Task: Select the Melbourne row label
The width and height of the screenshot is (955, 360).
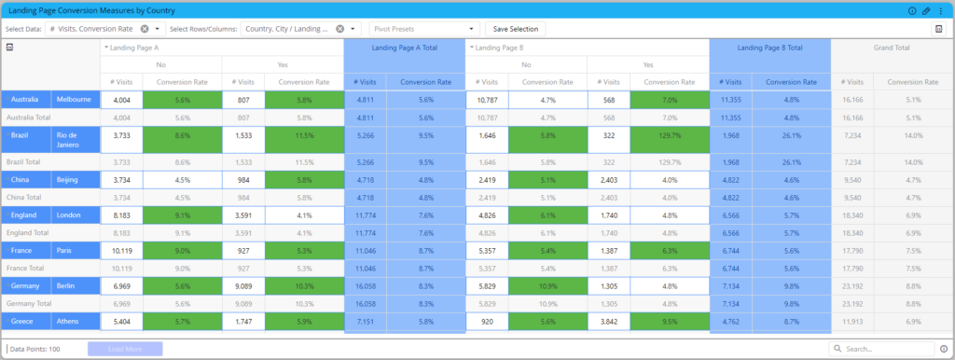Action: [x=75, y=99]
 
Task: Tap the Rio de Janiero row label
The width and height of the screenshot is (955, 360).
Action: [x=75, y=140]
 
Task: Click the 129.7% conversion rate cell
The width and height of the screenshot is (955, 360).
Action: [x=669, y=140]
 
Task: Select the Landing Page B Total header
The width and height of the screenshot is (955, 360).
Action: [x=769, y=47]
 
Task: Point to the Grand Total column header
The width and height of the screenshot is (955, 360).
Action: [x=890, y=47]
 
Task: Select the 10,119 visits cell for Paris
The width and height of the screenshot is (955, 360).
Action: [x=121, y=249]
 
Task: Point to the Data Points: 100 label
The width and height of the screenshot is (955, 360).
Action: [x=35, y=349]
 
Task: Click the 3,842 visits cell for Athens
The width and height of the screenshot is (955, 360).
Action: [x=608, y=321]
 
